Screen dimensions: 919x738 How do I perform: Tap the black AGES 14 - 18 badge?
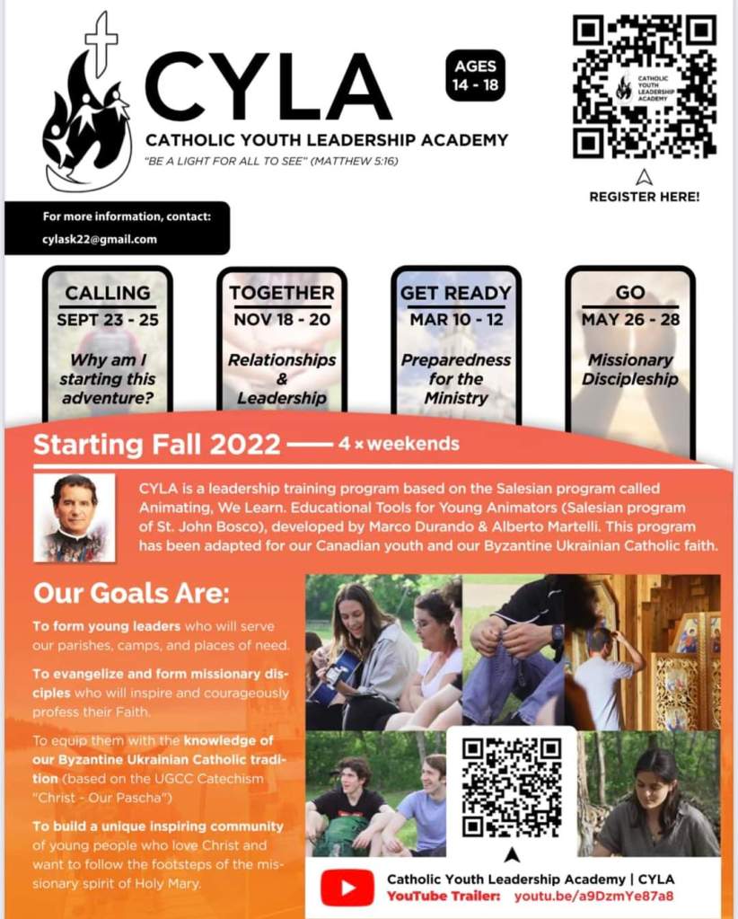tap(475, 75)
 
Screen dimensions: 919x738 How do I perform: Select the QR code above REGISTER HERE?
tap(644, 86)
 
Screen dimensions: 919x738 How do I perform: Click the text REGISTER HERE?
tap(644, 197)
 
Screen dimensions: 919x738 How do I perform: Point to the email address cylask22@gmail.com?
tap(100, 239)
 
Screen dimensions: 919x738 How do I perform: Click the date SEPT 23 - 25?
tap(108, 319)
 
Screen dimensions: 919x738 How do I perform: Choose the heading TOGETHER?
tap(281, 293)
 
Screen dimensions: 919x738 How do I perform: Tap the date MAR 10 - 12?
tap(455, 319)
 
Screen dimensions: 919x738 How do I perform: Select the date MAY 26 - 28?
tap(630, 319)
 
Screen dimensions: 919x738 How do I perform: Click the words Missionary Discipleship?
tap(630, 368)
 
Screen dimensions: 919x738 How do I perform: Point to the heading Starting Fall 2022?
tap(157, 445)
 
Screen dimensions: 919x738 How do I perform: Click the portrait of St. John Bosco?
tap(75, 517)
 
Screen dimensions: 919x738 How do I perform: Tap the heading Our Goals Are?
tap(132, 594)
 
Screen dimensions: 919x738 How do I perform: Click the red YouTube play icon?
tap(347, 888)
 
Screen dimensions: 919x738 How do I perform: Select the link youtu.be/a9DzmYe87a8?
tap(593, 897)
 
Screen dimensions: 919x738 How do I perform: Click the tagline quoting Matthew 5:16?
tap(272, 162)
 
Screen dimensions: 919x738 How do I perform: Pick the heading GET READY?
tap(455, 293)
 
